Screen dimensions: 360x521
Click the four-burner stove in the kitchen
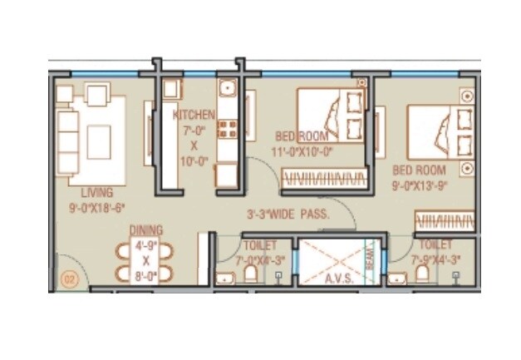click(227, 129)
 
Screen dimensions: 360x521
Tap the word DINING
click(145, 230)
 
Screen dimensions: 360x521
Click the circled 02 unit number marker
click(68, 279)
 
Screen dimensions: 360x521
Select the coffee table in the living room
click(99, 141)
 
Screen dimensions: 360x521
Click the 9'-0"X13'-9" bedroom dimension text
click(423, 183)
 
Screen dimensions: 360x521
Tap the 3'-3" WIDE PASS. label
click(288, 214)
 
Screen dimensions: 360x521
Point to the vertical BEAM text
click(370, 259)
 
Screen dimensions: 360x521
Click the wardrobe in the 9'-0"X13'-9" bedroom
click(445, 220)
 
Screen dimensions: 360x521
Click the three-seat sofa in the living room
click(66, 138)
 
